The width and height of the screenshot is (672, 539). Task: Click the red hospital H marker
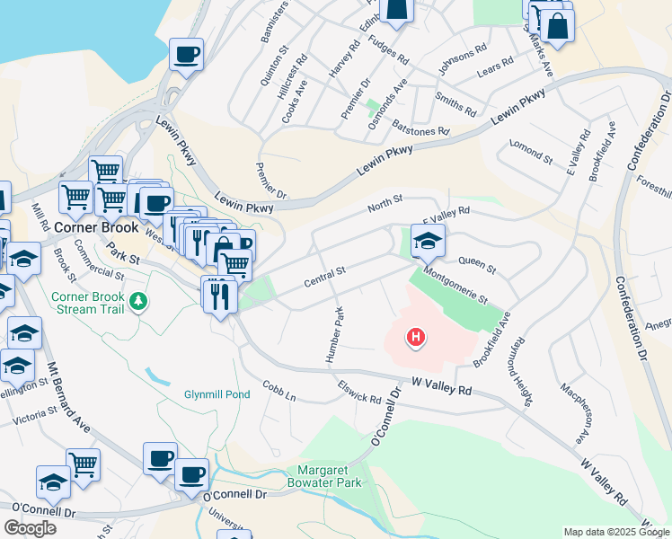click(x=416, y=338)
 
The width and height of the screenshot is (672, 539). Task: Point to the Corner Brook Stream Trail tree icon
click(x=137, y=300)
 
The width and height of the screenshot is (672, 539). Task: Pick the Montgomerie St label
click(x=455, y=285)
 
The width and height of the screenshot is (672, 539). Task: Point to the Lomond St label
click(x=530, y=151)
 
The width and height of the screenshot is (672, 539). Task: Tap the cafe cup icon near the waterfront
click(x=186, y=54)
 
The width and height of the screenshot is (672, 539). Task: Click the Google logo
click(x=30, y=527)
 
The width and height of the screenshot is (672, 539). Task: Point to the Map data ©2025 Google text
click(x=617, y=532)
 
